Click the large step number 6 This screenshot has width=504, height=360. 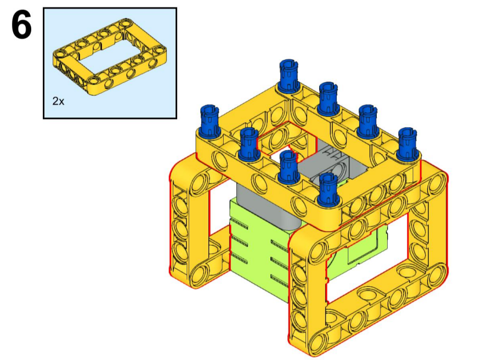click(x=21, y=25)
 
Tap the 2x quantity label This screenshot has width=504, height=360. click(x=58, y=102)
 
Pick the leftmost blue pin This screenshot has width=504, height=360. click(x=209, y=120)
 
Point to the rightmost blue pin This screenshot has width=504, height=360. click(x=407, y=143)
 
